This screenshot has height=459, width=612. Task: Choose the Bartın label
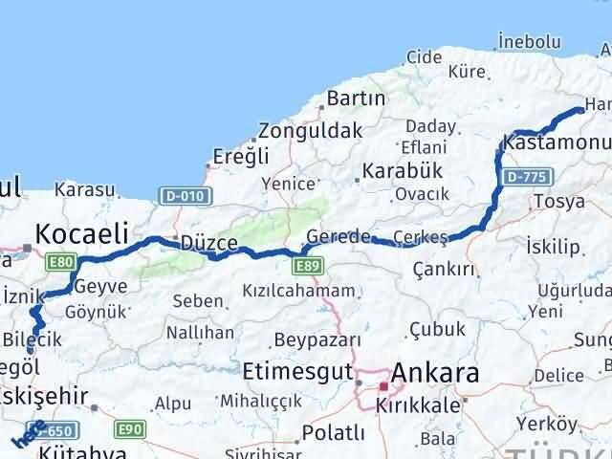pyautogui.click(x=356, y=98)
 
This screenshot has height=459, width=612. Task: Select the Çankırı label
pyautogui.click(x=443, y=270)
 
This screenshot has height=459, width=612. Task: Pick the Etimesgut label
pyautogui.click(x=291, y=370)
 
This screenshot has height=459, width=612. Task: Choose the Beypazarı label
pyautogui.click(x=317, y=339)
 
